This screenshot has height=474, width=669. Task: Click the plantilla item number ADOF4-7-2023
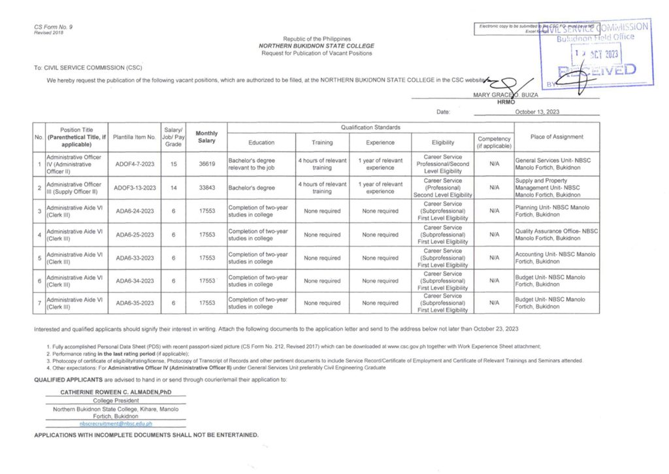point(135,164)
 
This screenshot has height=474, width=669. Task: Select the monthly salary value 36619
point(207,164)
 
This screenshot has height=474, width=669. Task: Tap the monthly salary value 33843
point(207,188)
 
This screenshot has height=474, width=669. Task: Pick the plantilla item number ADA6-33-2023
point(135,258)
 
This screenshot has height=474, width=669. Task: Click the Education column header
point(261,143)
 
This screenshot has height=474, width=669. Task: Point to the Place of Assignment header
point(557,137)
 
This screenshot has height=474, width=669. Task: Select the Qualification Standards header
point(370,127)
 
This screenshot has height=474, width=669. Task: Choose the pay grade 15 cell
point(173,164)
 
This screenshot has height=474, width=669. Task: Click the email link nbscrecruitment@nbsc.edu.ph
point(115,424)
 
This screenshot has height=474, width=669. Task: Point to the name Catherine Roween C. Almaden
point(115,392)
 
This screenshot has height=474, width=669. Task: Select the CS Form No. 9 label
point(54,26)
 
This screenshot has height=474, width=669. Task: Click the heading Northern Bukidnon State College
point(317,46)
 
